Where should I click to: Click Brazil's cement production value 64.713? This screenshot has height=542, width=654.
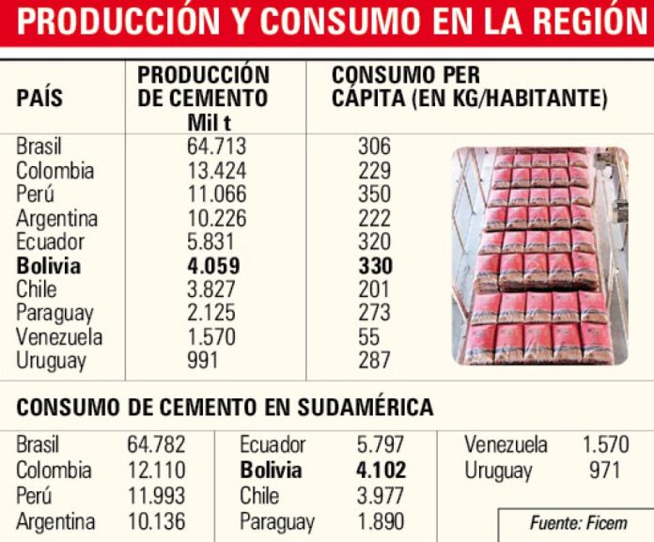coord(216,147)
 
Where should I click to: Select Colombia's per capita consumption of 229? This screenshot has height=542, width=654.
coord(374,171)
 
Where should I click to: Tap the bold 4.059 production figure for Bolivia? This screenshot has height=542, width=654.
coord(214,266)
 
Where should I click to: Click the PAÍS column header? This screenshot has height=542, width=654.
coord(40,98)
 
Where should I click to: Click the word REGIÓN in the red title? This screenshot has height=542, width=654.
coord(581,22)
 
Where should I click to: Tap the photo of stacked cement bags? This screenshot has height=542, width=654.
coord(539,256)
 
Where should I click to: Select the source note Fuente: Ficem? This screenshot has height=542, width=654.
coord(578,523)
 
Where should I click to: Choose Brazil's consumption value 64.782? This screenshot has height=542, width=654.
coord(156,445)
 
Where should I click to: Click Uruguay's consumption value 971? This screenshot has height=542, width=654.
coord(604,471)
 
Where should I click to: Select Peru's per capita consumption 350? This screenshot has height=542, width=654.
coord(374,194)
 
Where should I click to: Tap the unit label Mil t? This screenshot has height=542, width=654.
coord(210,119)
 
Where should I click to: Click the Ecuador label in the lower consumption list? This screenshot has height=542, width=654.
coord(272,445)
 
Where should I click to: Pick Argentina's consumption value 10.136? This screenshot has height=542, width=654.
coord(156,521)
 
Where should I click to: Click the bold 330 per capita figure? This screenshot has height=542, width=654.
coord(374,266)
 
